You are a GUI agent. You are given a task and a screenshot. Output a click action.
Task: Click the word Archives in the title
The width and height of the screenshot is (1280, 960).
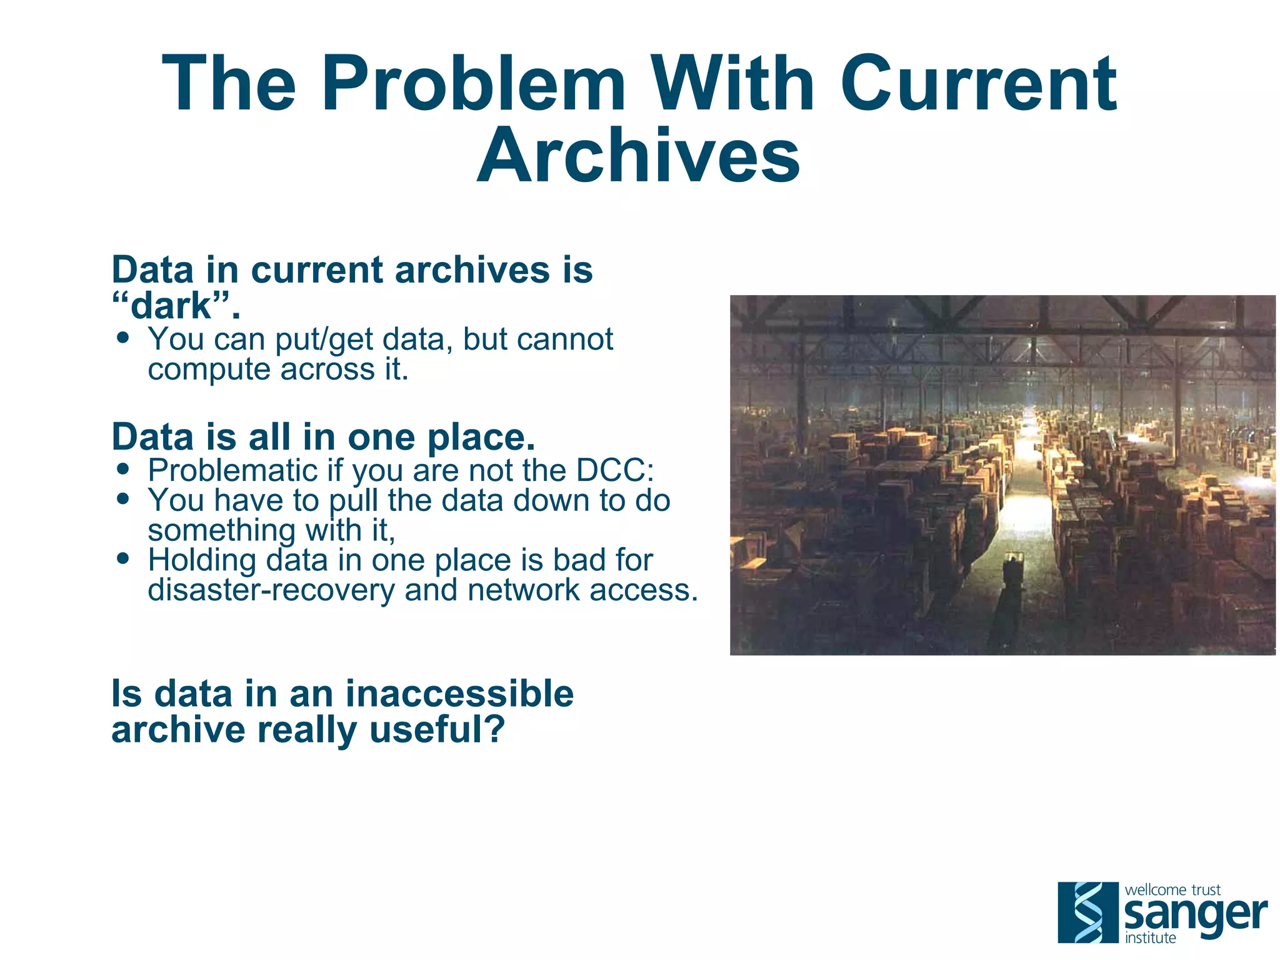click(x=638, y=156)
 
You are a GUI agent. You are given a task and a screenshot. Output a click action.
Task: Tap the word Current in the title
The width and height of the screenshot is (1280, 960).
click(x=978, y=84)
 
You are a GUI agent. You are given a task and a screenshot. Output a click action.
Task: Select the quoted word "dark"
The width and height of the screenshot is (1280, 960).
click(x=176, y=306)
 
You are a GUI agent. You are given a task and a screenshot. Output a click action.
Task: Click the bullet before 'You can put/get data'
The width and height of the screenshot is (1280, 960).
click(x=123, y=338)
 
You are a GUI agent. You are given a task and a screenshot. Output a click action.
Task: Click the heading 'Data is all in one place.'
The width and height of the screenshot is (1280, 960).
click(x=323, y=437)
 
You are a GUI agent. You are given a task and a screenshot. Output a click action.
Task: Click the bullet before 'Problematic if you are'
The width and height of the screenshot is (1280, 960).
click(x=123, y=469)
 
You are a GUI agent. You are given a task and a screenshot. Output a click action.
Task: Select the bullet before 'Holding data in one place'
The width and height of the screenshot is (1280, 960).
click(x=123, y=558)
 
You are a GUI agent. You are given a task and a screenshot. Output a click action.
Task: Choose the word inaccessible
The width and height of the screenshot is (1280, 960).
click(x=459, y=694)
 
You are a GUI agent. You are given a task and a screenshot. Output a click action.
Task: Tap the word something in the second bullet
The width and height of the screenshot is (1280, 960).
click(x=221, y=530)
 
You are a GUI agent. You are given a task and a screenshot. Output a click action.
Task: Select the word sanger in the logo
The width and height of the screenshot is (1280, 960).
click(x=1195, y=915)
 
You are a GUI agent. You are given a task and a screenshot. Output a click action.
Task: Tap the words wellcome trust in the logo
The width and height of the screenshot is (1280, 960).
click(x=1172, y=889)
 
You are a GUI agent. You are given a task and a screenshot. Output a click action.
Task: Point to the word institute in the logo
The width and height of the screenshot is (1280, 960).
click(x=1150, y=937)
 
